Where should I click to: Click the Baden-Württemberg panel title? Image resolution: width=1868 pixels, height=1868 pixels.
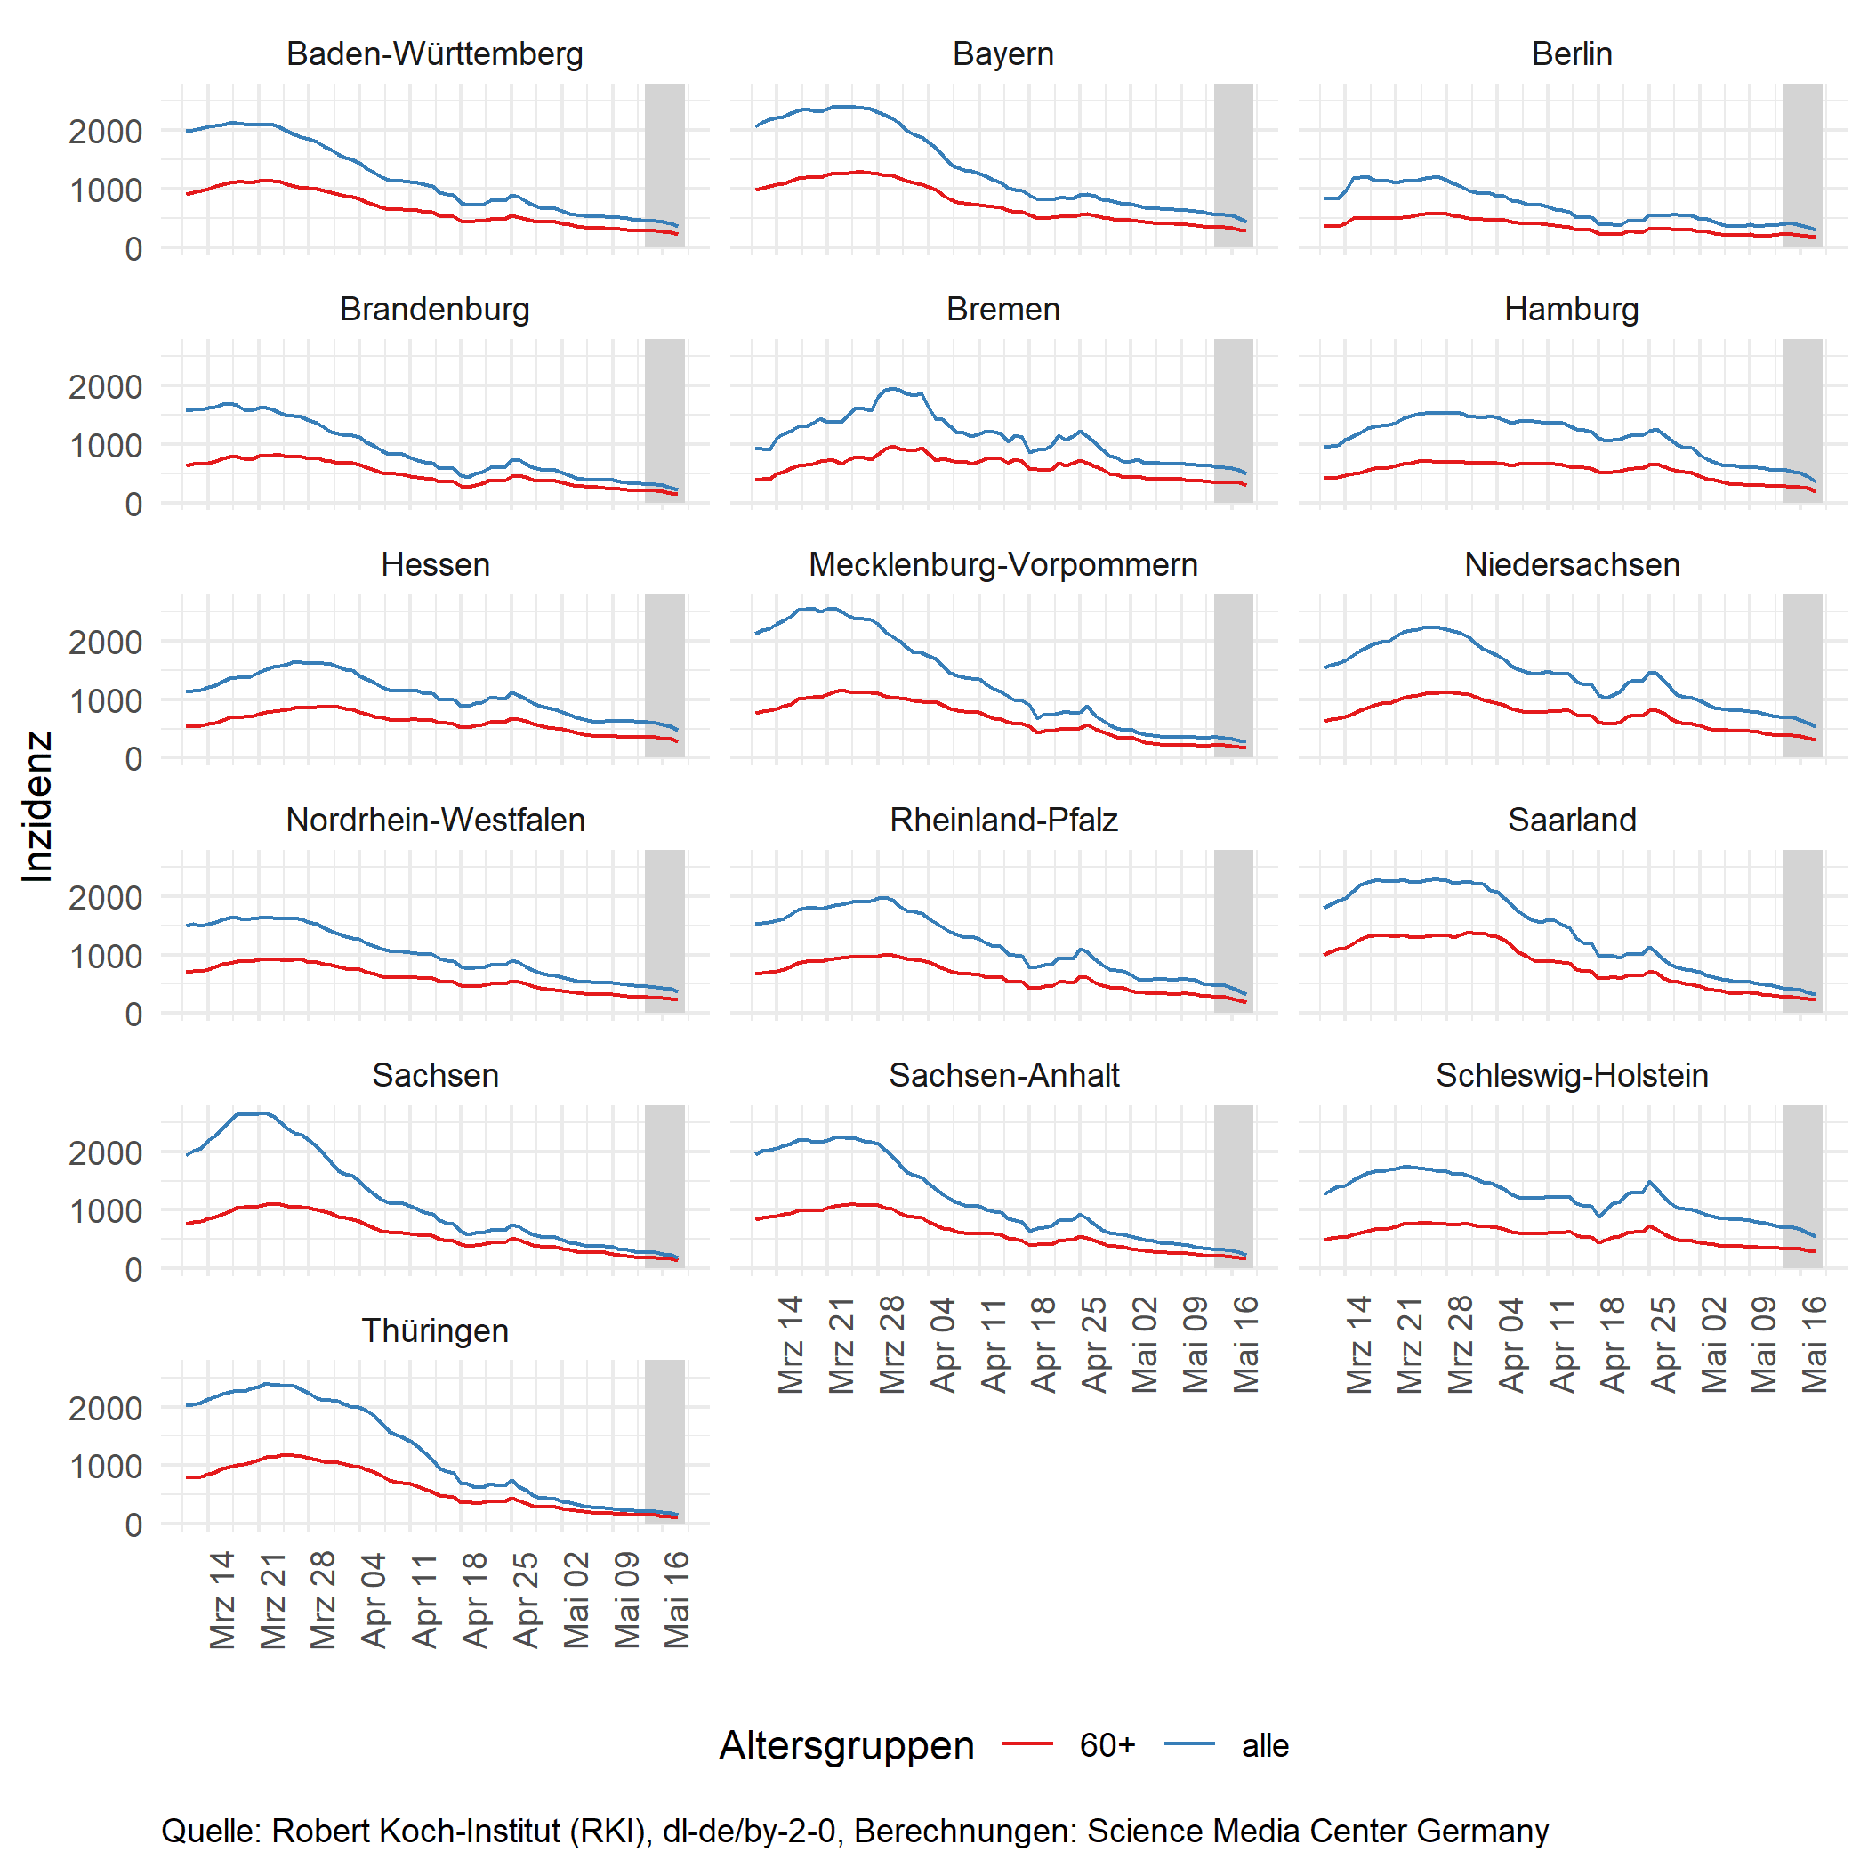(434, 53)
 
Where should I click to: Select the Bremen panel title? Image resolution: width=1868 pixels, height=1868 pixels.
(1002, 309)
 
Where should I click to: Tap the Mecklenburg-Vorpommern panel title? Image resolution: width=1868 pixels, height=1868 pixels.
(1002, 564)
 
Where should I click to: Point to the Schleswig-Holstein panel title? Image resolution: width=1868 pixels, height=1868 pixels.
(1571, 1075)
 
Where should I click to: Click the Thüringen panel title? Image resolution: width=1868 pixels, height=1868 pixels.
(434, 1330)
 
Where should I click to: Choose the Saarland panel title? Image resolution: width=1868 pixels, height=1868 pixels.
(1571, 820)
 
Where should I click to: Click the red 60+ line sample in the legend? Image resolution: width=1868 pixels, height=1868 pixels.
(1027, 1743)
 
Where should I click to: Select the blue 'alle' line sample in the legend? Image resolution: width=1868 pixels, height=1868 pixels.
(1189, 1743)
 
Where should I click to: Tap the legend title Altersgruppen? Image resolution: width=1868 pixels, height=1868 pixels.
(846, 1745)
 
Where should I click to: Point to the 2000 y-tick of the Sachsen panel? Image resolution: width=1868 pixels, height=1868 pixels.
(104, 1152)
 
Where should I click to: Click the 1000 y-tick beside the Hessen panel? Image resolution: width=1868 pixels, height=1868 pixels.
(104, 700)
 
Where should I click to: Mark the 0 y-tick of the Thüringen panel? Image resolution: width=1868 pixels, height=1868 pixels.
(133, 1524)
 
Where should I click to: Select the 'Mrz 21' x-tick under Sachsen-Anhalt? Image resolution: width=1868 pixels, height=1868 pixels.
(841, 1345)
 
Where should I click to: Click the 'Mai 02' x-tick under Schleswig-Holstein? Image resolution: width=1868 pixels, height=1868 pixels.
(1713, 1345)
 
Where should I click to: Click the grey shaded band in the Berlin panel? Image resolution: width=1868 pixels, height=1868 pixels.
(1802, 165)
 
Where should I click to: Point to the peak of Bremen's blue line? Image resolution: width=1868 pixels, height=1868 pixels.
(892, 389)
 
